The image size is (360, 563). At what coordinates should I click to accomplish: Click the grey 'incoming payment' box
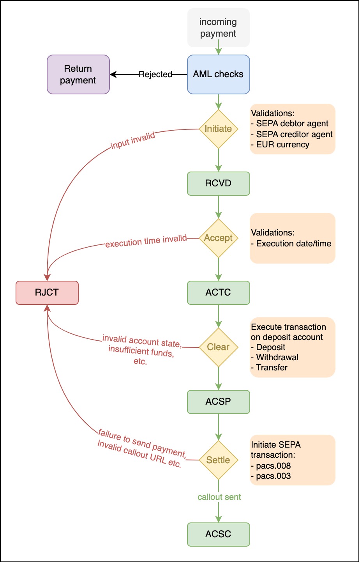[218, 28]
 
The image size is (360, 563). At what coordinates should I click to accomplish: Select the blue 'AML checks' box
[218, 74]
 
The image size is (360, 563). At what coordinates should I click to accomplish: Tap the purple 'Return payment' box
[78, 74]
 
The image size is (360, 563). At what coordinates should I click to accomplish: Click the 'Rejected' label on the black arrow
[155, 74]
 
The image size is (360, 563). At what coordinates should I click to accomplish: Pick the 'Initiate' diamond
[218, 129]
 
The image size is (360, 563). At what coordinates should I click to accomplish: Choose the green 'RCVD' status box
[218, 183]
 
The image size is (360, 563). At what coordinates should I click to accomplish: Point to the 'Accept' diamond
[218, 238]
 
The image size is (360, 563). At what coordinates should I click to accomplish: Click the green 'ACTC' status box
[218, 292]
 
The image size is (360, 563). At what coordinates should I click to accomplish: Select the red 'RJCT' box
[47, 292]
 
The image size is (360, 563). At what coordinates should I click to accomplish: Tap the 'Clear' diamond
[218, 347]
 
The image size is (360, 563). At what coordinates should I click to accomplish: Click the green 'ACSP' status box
[218, 402]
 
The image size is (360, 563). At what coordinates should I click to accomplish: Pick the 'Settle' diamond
[218, 460]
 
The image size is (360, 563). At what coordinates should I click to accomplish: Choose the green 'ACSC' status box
[218, 534]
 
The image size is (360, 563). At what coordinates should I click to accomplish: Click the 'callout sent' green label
[219, 497]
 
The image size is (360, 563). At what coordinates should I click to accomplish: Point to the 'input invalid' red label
[133, 140]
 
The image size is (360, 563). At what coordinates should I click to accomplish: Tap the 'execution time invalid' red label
[146, 241]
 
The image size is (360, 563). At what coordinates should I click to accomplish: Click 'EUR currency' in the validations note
[282, 145]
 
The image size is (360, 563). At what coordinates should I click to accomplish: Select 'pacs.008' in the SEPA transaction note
[273, 466]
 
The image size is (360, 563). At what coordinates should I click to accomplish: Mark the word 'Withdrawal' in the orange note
[277, 358]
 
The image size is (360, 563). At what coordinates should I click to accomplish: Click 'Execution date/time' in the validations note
[293, 244]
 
